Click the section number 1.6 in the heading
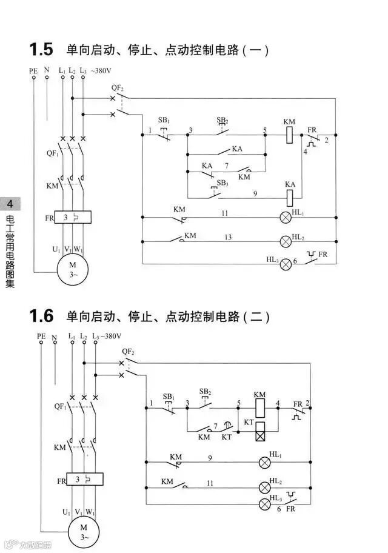(x=41, y=316)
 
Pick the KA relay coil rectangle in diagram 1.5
(x=290, y=196)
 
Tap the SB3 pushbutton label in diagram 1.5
(x=222, y=183)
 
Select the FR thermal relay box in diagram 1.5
(x=72, y=217)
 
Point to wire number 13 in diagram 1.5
(x=228, y=237)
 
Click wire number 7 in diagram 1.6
(x=215, y=426)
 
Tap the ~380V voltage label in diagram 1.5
(x=101, y=70)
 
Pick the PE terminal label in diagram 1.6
(x=41, y=335)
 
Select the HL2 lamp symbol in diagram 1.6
(x=264, y=486)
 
